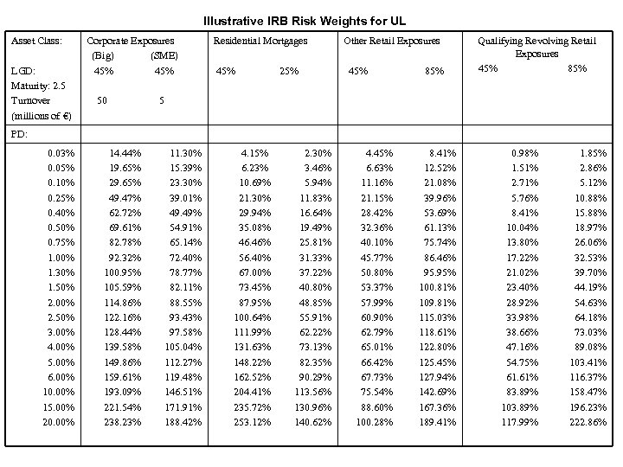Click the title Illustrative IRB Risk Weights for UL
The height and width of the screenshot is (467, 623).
click(x=304, y=20)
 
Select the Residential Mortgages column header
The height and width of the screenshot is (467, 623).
click(x=260, y=41)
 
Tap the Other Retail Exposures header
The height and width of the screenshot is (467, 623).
click(x=391, y=41)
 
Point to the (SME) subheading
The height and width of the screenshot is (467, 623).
click(x=164, y=55)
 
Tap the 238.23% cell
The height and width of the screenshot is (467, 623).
click(x=122, y=421)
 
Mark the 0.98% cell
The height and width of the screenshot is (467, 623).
click(x=525, y=153)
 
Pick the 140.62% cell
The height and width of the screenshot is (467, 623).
click(x=314, y=421)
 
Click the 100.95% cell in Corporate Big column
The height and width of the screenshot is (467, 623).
click(x=122, y=272)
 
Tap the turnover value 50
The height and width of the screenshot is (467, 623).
click(x=102, y=100)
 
